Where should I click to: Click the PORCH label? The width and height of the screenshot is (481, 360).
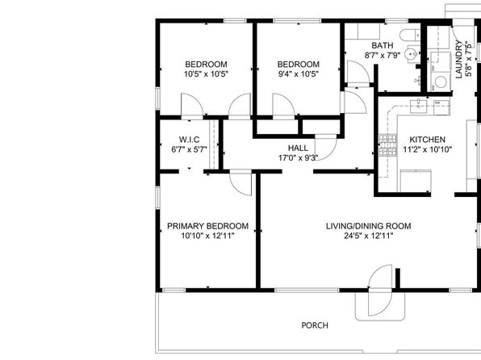coord(315,325)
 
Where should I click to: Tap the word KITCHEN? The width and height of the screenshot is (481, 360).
coord(427,140)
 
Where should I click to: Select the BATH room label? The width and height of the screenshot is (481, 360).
coord(383,45)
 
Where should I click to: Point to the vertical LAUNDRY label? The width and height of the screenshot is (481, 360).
coord(458,59)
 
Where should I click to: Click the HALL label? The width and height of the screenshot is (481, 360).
coord(298,148)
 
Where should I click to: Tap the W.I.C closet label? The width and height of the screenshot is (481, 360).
coord(190,140)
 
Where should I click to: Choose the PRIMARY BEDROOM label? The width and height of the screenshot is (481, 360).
coord(207,226)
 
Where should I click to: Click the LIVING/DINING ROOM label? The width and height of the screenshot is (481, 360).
coord(369,226)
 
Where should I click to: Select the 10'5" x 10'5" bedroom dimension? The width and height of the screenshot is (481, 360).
coord(206,74)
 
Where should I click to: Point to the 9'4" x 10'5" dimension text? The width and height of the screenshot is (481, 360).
coord(298,74)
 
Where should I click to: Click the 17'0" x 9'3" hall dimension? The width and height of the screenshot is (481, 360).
coord(298,157)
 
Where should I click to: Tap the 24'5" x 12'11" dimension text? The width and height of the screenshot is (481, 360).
coord(369,236)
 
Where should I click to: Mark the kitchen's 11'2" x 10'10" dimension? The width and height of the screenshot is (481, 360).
coord(427,149)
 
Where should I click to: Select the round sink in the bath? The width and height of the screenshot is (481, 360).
coord(411,54)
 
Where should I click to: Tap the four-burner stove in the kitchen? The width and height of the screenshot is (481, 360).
coord(387,144)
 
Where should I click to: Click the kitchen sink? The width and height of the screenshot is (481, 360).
coord(419,107)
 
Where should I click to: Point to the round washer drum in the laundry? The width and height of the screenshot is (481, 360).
coord(441,82)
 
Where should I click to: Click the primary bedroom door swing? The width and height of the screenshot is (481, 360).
coord(240,183)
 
